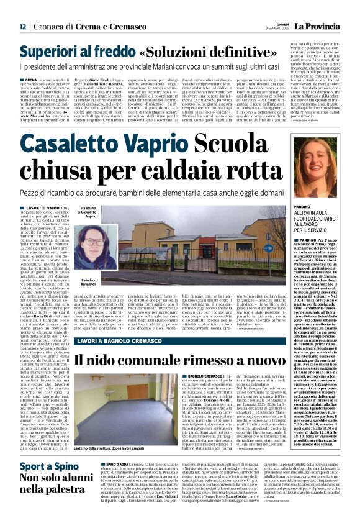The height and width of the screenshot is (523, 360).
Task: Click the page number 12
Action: coord(23,27)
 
